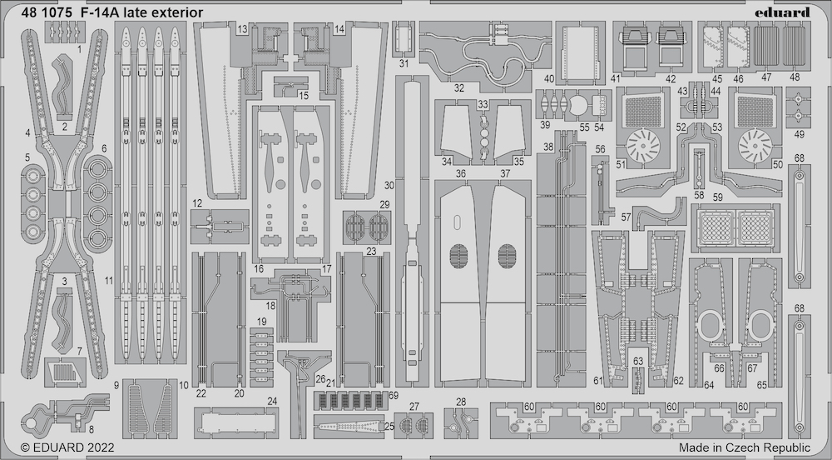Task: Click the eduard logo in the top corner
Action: (785, 12)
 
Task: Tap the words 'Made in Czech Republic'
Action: (745, 447)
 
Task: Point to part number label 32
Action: (459, 88)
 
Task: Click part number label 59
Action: (718, 197)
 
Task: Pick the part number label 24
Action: (272, 401)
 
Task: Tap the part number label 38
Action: (548, 147)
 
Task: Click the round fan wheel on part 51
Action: (642, 144)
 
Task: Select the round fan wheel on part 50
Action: (755, 144)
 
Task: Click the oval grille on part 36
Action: (459, 256)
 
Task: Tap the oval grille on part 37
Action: (508, 256)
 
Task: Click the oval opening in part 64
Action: (711, 326)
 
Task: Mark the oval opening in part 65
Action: (760, 326)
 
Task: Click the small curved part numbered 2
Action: (66, 85)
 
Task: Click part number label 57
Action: (626, 217)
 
